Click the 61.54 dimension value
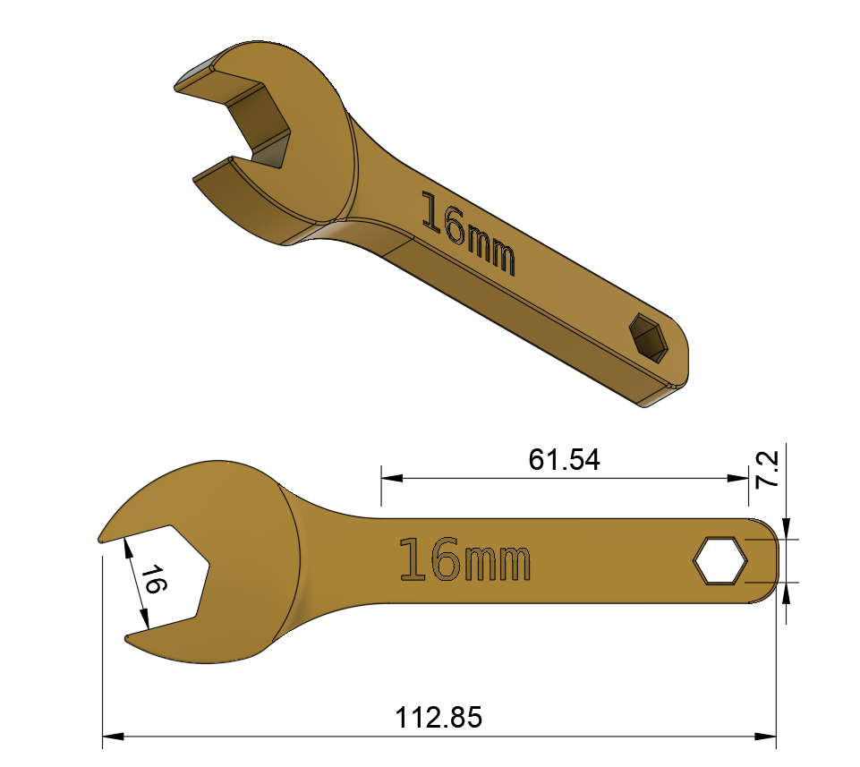(564, 460)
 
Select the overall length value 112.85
(439, 717)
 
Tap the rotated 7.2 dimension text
(767, 470)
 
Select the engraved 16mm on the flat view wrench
(465, 561)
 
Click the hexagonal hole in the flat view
(719, 562)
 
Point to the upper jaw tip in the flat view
(102, 538)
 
